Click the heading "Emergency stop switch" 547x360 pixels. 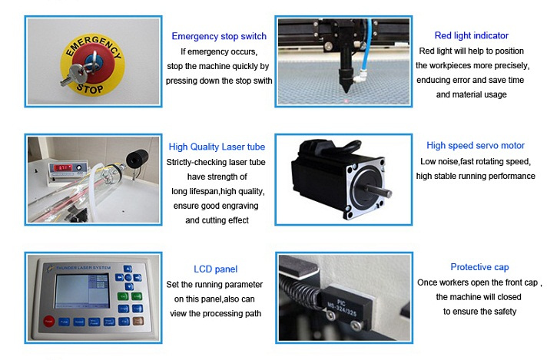coord(219,36)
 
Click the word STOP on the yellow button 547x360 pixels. coord(90,88)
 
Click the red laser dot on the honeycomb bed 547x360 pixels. coord(346,101)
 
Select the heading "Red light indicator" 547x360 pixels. coord(471,35)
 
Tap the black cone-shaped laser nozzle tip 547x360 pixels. coord(346,84)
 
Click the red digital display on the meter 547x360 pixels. coord(62,167)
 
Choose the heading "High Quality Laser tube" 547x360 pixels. coord(217,147)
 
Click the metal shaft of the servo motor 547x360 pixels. coord(379,190)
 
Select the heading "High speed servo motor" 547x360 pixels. coord(476,146)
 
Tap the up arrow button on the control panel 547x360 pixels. coord(128,269)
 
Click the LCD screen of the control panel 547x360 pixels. coord(82,291)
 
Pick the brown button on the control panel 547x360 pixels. coord(138,321)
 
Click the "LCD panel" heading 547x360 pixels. coord(216,269)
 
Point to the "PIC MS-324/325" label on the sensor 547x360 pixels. coord(341,307)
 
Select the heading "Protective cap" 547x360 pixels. coord(479,267)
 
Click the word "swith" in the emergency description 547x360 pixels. coord(263,81)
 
